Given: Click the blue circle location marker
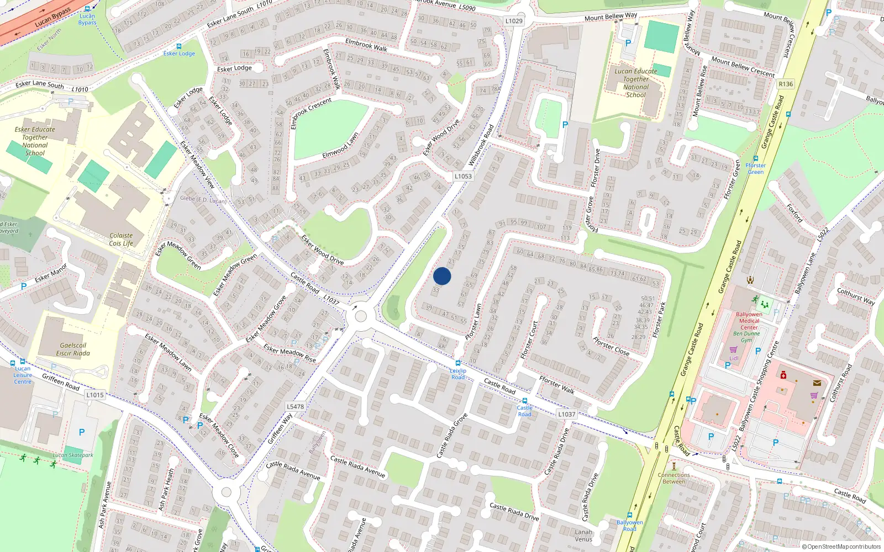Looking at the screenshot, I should (x=442, y=276).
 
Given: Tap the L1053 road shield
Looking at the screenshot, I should (x=463, y=176).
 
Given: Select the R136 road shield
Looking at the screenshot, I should (x=785, y=84).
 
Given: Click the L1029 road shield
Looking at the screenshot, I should (x=513, y=21).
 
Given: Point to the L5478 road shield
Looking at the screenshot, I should (x=295, y=406).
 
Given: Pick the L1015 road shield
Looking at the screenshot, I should (x=95, y=395).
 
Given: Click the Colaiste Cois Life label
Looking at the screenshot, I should (x=121, y=239).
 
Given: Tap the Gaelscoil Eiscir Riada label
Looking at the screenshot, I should (x=73, y=349).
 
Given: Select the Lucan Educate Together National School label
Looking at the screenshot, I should (x=636, y=83).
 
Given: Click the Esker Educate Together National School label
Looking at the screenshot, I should (x=35, y=141).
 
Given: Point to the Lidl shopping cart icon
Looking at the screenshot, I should (x=733, y=350).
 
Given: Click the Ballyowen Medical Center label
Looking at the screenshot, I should (x=749, y=321).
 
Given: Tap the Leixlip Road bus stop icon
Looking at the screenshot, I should (x=458, y=363).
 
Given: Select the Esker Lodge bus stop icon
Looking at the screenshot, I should (x=178, y=46).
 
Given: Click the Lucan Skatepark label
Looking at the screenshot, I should (x=73, y=455).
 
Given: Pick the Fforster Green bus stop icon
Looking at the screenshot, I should (x=756, y=158).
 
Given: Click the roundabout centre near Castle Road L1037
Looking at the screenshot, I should (x=361, y=316).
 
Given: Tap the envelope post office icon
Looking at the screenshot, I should (x=817, y=383).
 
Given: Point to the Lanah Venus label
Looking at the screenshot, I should (x=583, y=535).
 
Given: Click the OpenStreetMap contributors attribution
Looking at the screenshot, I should (x=841, y=546).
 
